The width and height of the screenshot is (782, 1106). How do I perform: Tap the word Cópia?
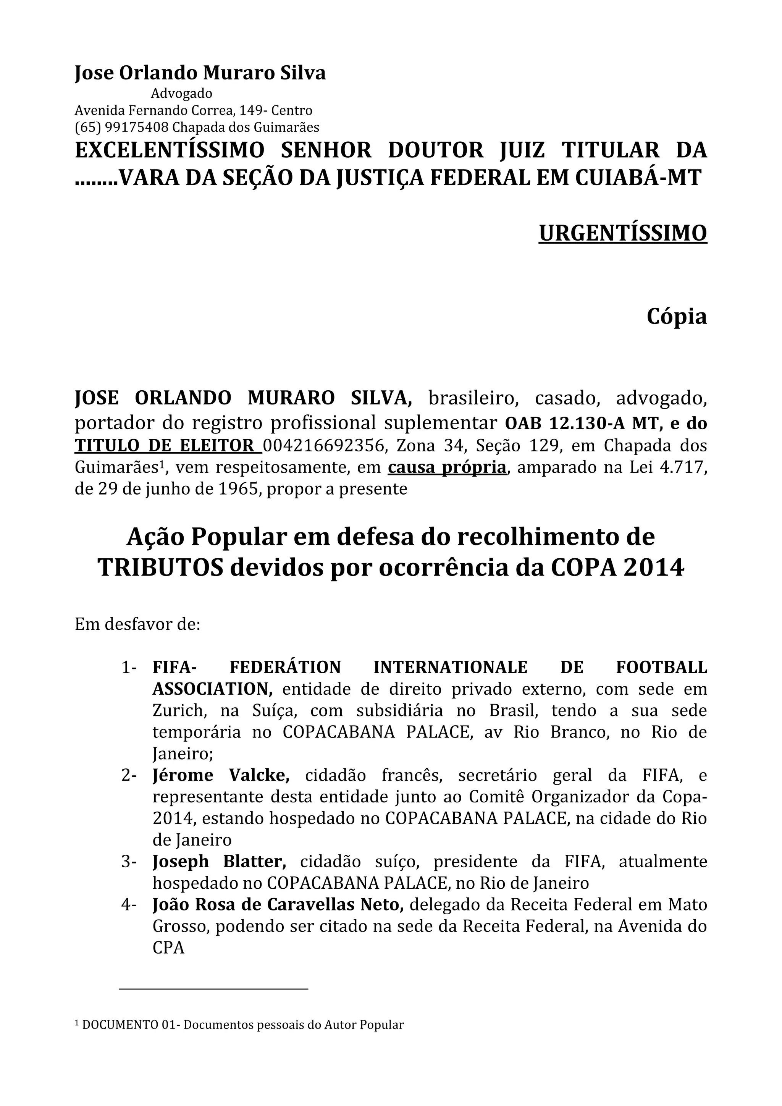coord(677,317)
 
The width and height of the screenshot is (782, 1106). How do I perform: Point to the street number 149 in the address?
coord(250,110)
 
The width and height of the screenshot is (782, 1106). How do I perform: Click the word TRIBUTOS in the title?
coord(161,568)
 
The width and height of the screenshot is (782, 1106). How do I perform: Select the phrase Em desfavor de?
coord(137,624)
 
